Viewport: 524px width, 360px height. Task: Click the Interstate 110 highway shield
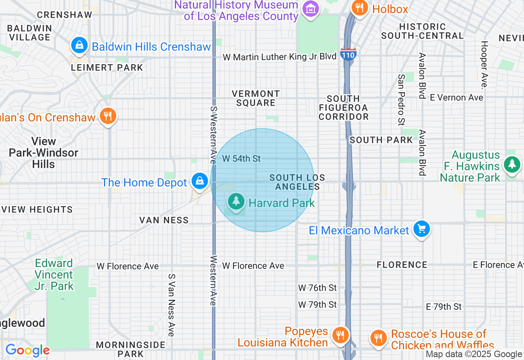pos(348,54)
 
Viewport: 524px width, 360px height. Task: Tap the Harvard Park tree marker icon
pos(236,201)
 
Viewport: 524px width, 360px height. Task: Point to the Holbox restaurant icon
pos(359,8)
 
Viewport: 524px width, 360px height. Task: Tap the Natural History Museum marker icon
pos(310,9)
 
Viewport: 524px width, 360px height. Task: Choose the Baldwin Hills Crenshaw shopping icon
pos(79,45)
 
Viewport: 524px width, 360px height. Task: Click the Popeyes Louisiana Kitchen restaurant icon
pos(340,335)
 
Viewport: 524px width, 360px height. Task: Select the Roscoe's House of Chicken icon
pos(378,338)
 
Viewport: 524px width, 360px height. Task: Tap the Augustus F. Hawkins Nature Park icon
pos(512,164)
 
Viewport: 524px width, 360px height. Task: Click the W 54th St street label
pos(241,158)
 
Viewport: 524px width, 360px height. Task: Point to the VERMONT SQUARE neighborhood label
pos(256,98)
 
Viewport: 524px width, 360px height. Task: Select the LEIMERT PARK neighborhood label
pos(107,67)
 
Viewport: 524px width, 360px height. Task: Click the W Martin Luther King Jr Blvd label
pos(279,57)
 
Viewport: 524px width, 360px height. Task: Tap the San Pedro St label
pos(401,99)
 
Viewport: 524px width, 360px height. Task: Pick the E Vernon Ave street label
pos(456,97)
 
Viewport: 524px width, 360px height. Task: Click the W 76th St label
pos(317,288)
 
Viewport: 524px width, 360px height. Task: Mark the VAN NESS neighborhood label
pos(164,220)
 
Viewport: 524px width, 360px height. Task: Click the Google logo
pos(27,351)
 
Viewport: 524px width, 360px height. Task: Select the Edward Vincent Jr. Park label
pos(54,274)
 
